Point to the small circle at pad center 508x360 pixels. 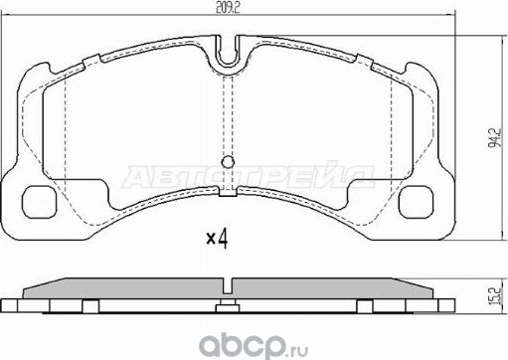(x=228, y=163)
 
